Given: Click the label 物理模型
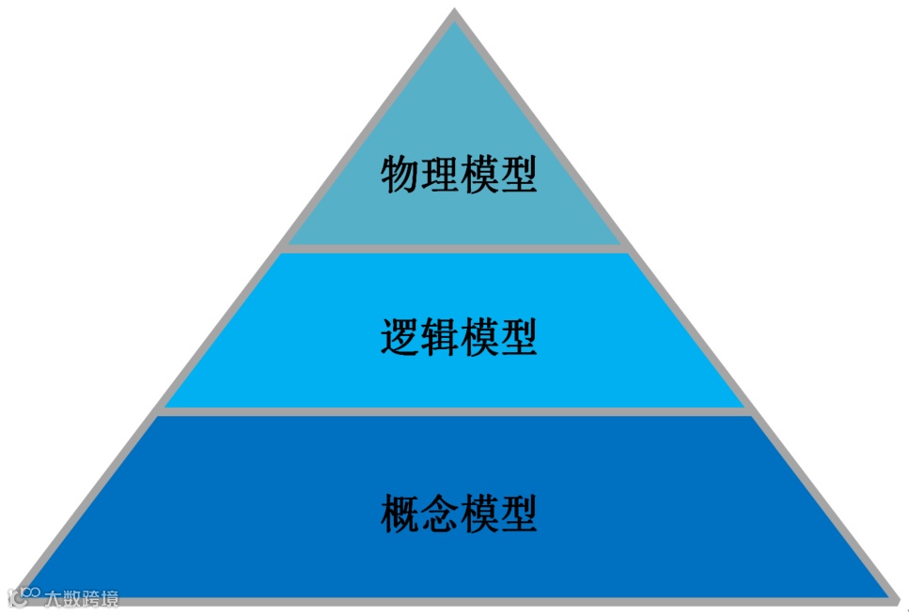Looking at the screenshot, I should tap(459, 175).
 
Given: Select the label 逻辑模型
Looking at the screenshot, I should tap(459, 338).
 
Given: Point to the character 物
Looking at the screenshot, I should tap(400, 175).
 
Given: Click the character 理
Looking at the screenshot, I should tap(439, 175).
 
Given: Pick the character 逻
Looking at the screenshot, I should tap(400, 338).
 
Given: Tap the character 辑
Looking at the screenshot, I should tap(439, 338).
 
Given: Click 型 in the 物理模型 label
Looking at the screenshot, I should tap(518, 175).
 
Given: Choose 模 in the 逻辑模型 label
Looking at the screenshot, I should tap(478, 338).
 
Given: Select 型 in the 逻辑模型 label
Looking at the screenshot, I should tap(518, 338).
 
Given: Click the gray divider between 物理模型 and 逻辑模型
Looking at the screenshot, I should tap(455, 249).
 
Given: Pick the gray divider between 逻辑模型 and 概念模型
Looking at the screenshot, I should tap(455, 411).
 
